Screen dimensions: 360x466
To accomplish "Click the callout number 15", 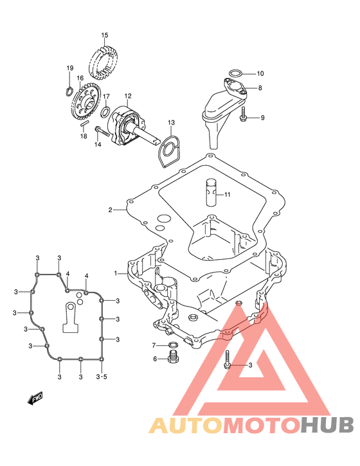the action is tap(104, 35).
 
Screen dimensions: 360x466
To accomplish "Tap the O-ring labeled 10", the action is tap(235, 73).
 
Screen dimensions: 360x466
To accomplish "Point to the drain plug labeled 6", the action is tap(172, 357).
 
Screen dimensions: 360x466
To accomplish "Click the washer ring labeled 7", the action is tap(174, 345).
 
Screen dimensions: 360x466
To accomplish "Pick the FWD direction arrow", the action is tap(35, 398).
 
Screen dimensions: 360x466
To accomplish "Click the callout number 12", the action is tap(128, 96).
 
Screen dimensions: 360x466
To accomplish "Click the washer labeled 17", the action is tap(105, 112).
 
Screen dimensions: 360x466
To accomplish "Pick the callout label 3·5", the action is tap(102, 377).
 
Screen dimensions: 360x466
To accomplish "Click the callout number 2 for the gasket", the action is tap(111, 210).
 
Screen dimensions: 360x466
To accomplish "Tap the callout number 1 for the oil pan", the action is tap(116, 273).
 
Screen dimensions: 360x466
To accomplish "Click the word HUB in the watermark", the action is tap(327, 425).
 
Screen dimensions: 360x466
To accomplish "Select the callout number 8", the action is tap(260, 87).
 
